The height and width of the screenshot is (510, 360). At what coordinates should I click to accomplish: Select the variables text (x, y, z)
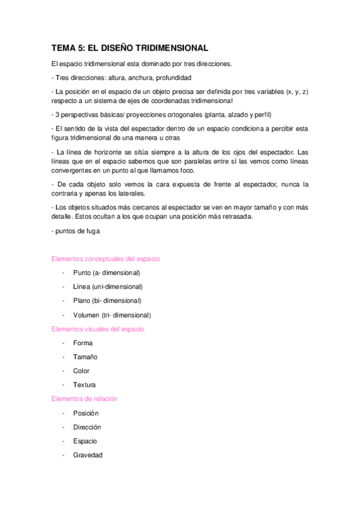(297, 91)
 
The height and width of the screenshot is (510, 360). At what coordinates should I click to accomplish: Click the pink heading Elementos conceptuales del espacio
(105, 259)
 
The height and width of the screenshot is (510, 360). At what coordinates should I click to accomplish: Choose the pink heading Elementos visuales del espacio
(97, 329)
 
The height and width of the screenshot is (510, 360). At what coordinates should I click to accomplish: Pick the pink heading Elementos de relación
(84, 399)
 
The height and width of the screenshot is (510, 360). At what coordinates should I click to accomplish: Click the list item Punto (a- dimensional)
(106, 273)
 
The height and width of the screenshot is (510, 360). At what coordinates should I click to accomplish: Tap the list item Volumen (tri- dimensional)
(112, 315)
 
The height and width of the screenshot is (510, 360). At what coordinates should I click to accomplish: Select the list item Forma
(83, 343)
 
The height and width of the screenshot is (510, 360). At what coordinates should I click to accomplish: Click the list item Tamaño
(85, 357)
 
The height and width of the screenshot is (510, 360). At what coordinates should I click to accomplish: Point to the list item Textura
(84, 385)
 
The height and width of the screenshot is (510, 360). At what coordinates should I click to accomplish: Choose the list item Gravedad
(88, 455)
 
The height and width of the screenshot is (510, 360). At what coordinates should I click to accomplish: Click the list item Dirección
(87, 427)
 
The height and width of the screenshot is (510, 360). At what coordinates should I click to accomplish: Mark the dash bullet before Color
(63, 371)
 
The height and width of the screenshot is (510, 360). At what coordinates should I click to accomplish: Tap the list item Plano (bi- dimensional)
(107, 301)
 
